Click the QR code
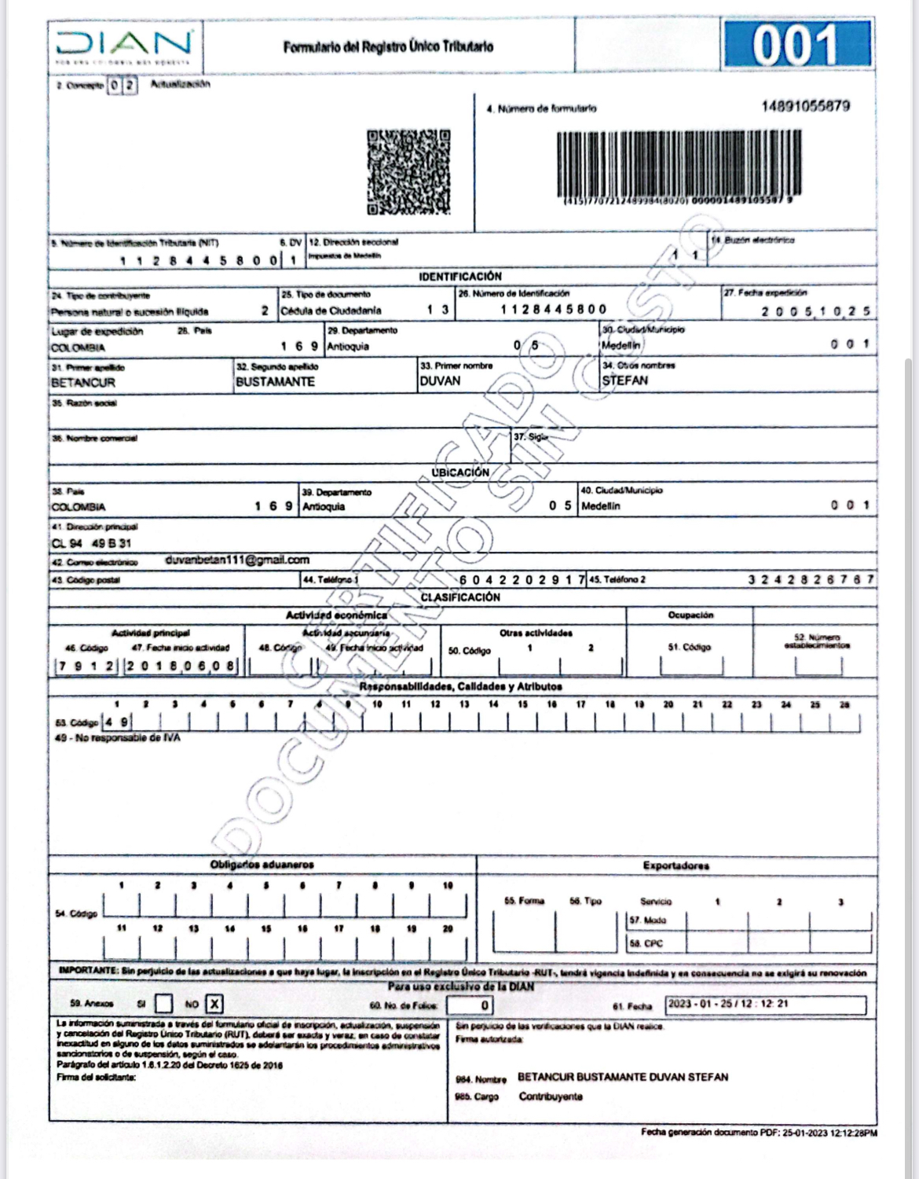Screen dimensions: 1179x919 407,172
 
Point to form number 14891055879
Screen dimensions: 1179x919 805,106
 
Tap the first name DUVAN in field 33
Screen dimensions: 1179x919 441,381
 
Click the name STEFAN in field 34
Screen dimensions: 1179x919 625,381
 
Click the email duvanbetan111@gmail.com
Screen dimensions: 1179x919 237,560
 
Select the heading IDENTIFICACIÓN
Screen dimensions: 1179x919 459,277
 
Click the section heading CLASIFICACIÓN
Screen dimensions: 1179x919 460,597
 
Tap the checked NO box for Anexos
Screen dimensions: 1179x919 214,1004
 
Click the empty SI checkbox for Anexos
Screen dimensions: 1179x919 163,1004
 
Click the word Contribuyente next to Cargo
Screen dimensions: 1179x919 551,1096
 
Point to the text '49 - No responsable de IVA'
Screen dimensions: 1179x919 117,738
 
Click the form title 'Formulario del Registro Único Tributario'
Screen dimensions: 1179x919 389,47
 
